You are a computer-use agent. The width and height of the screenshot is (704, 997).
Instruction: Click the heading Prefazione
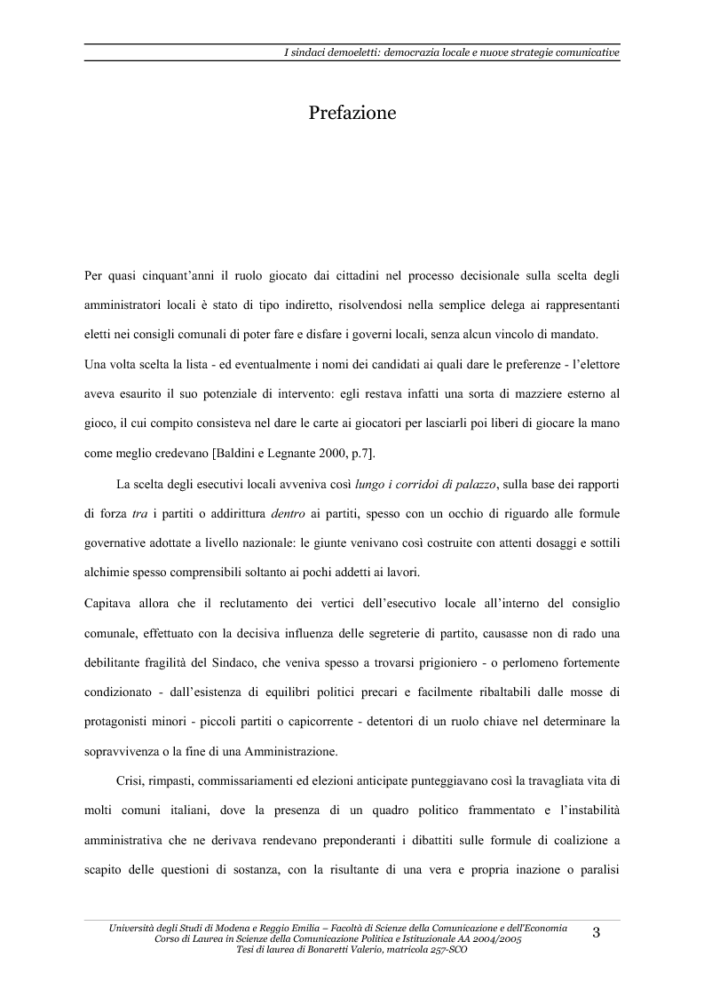(352, 113)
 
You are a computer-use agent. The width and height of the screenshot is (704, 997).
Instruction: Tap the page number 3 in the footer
(596, 931)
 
